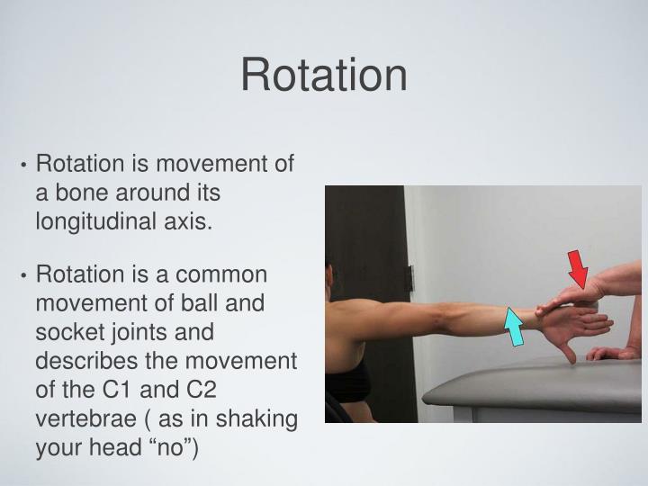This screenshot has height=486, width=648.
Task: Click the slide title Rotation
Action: (x=323, y=75)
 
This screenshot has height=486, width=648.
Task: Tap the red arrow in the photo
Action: (x=579, y=270)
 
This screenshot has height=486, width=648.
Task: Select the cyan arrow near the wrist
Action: (x=515, y=326)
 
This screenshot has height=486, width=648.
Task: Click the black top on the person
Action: (x=347, y=382)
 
